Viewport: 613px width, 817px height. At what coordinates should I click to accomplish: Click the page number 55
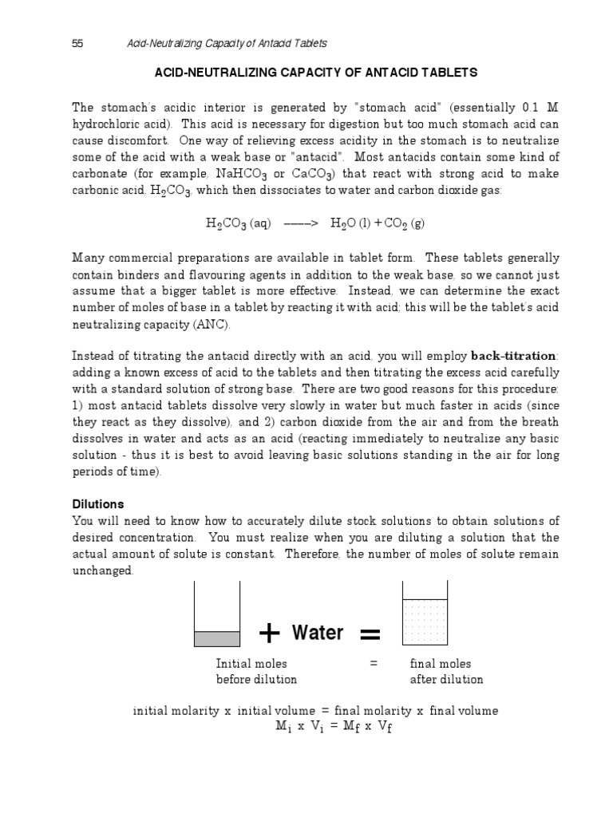[x=77, y=43]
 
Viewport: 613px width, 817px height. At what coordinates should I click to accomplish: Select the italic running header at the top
[x=227, y=43]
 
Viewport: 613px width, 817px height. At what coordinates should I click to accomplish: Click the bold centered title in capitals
[x=314, y=73]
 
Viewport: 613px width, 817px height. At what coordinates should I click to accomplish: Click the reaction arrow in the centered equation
[x=301, y=224]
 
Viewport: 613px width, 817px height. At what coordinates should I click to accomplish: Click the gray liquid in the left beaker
[x=217, y=638]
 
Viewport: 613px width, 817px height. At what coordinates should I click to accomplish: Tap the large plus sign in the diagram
[x=271, y=633]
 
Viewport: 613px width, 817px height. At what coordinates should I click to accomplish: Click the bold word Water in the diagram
[x=318, y=633]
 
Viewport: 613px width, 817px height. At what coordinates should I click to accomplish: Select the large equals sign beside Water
[x=370, y=634]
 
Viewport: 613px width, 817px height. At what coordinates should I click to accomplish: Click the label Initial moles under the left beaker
[x=251, y=664]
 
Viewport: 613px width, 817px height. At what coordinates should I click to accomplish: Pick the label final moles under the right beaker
[x=441, y=664]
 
